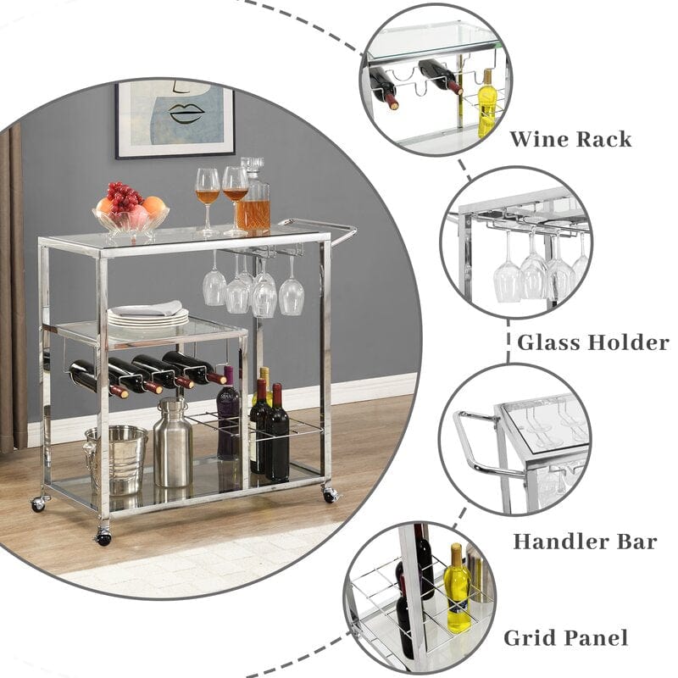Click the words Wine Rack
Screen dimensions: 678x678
(570, 139)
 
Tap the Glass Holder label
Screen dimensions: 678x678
(592, 342)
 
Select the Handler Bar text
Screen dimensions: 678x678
(585, 542)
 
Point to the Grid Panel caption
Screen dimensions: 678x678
(565, 638)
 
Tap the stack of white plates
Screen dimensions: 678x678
(147, 314)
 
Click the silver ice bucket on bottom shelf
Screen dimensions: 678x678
(116, 459)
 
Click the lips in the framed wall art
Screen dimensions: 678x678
(186, 114)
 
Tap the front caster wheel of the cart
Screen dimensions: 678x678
(103, 537)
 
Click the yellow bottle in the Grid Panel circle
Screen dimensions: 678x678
(458, 588)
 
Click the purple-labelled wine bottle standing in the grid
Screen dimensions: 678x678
(227, 413)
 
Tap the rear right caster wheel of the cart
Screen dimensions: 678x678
(330, 493)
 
